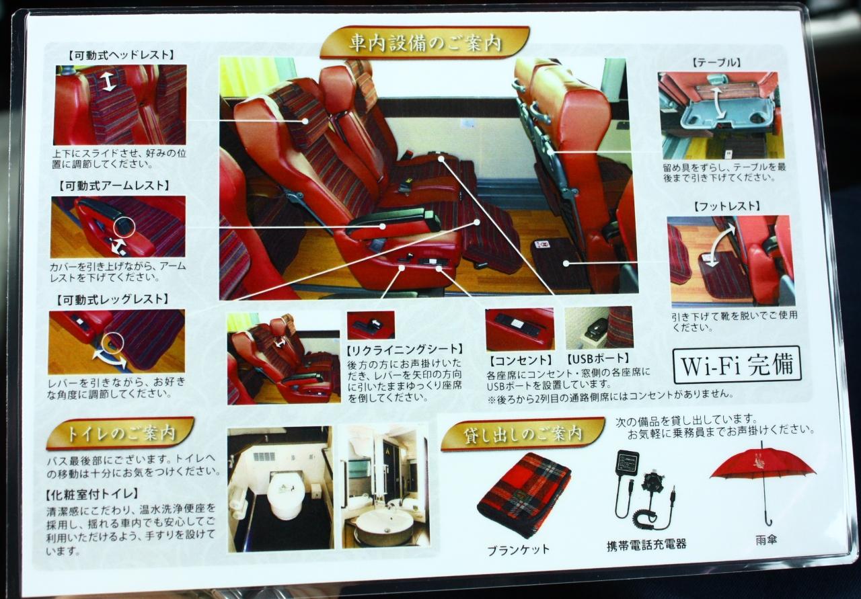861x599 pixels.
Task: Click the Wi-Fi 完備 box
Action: [x=738, y=365]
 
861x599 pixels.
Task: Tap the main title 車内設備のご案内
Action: [x=424, y=42]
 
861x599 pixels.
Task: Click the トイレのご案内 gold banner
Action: [x=120, y=433]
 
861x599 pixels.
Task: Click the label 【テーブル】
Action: [x=717, y=63]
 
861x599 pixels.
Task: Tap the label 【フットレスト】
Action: [x=727, y=206]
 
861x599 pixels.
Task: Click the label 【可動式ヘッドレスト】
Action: [x=122, y=55]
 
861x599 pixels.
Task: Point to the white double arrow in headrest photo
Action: [x=109, y=82]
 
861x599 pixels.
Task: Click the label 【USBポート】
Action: [x=598, y=359]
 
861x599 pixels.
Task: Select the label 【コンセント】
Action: [x=521, y=360]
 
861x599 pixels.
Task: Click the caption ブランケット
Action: [x=518, y=551]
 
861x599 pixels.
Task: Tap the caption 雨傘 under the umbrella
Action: [x=766, y=540]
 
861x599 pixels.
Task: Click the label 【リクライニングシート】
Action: [x=404, y=350]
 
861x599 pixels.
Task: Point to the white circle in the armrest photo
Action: [x=124, y=226]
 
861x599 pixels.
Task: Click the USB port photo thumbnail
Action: [x=599, y=327]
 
